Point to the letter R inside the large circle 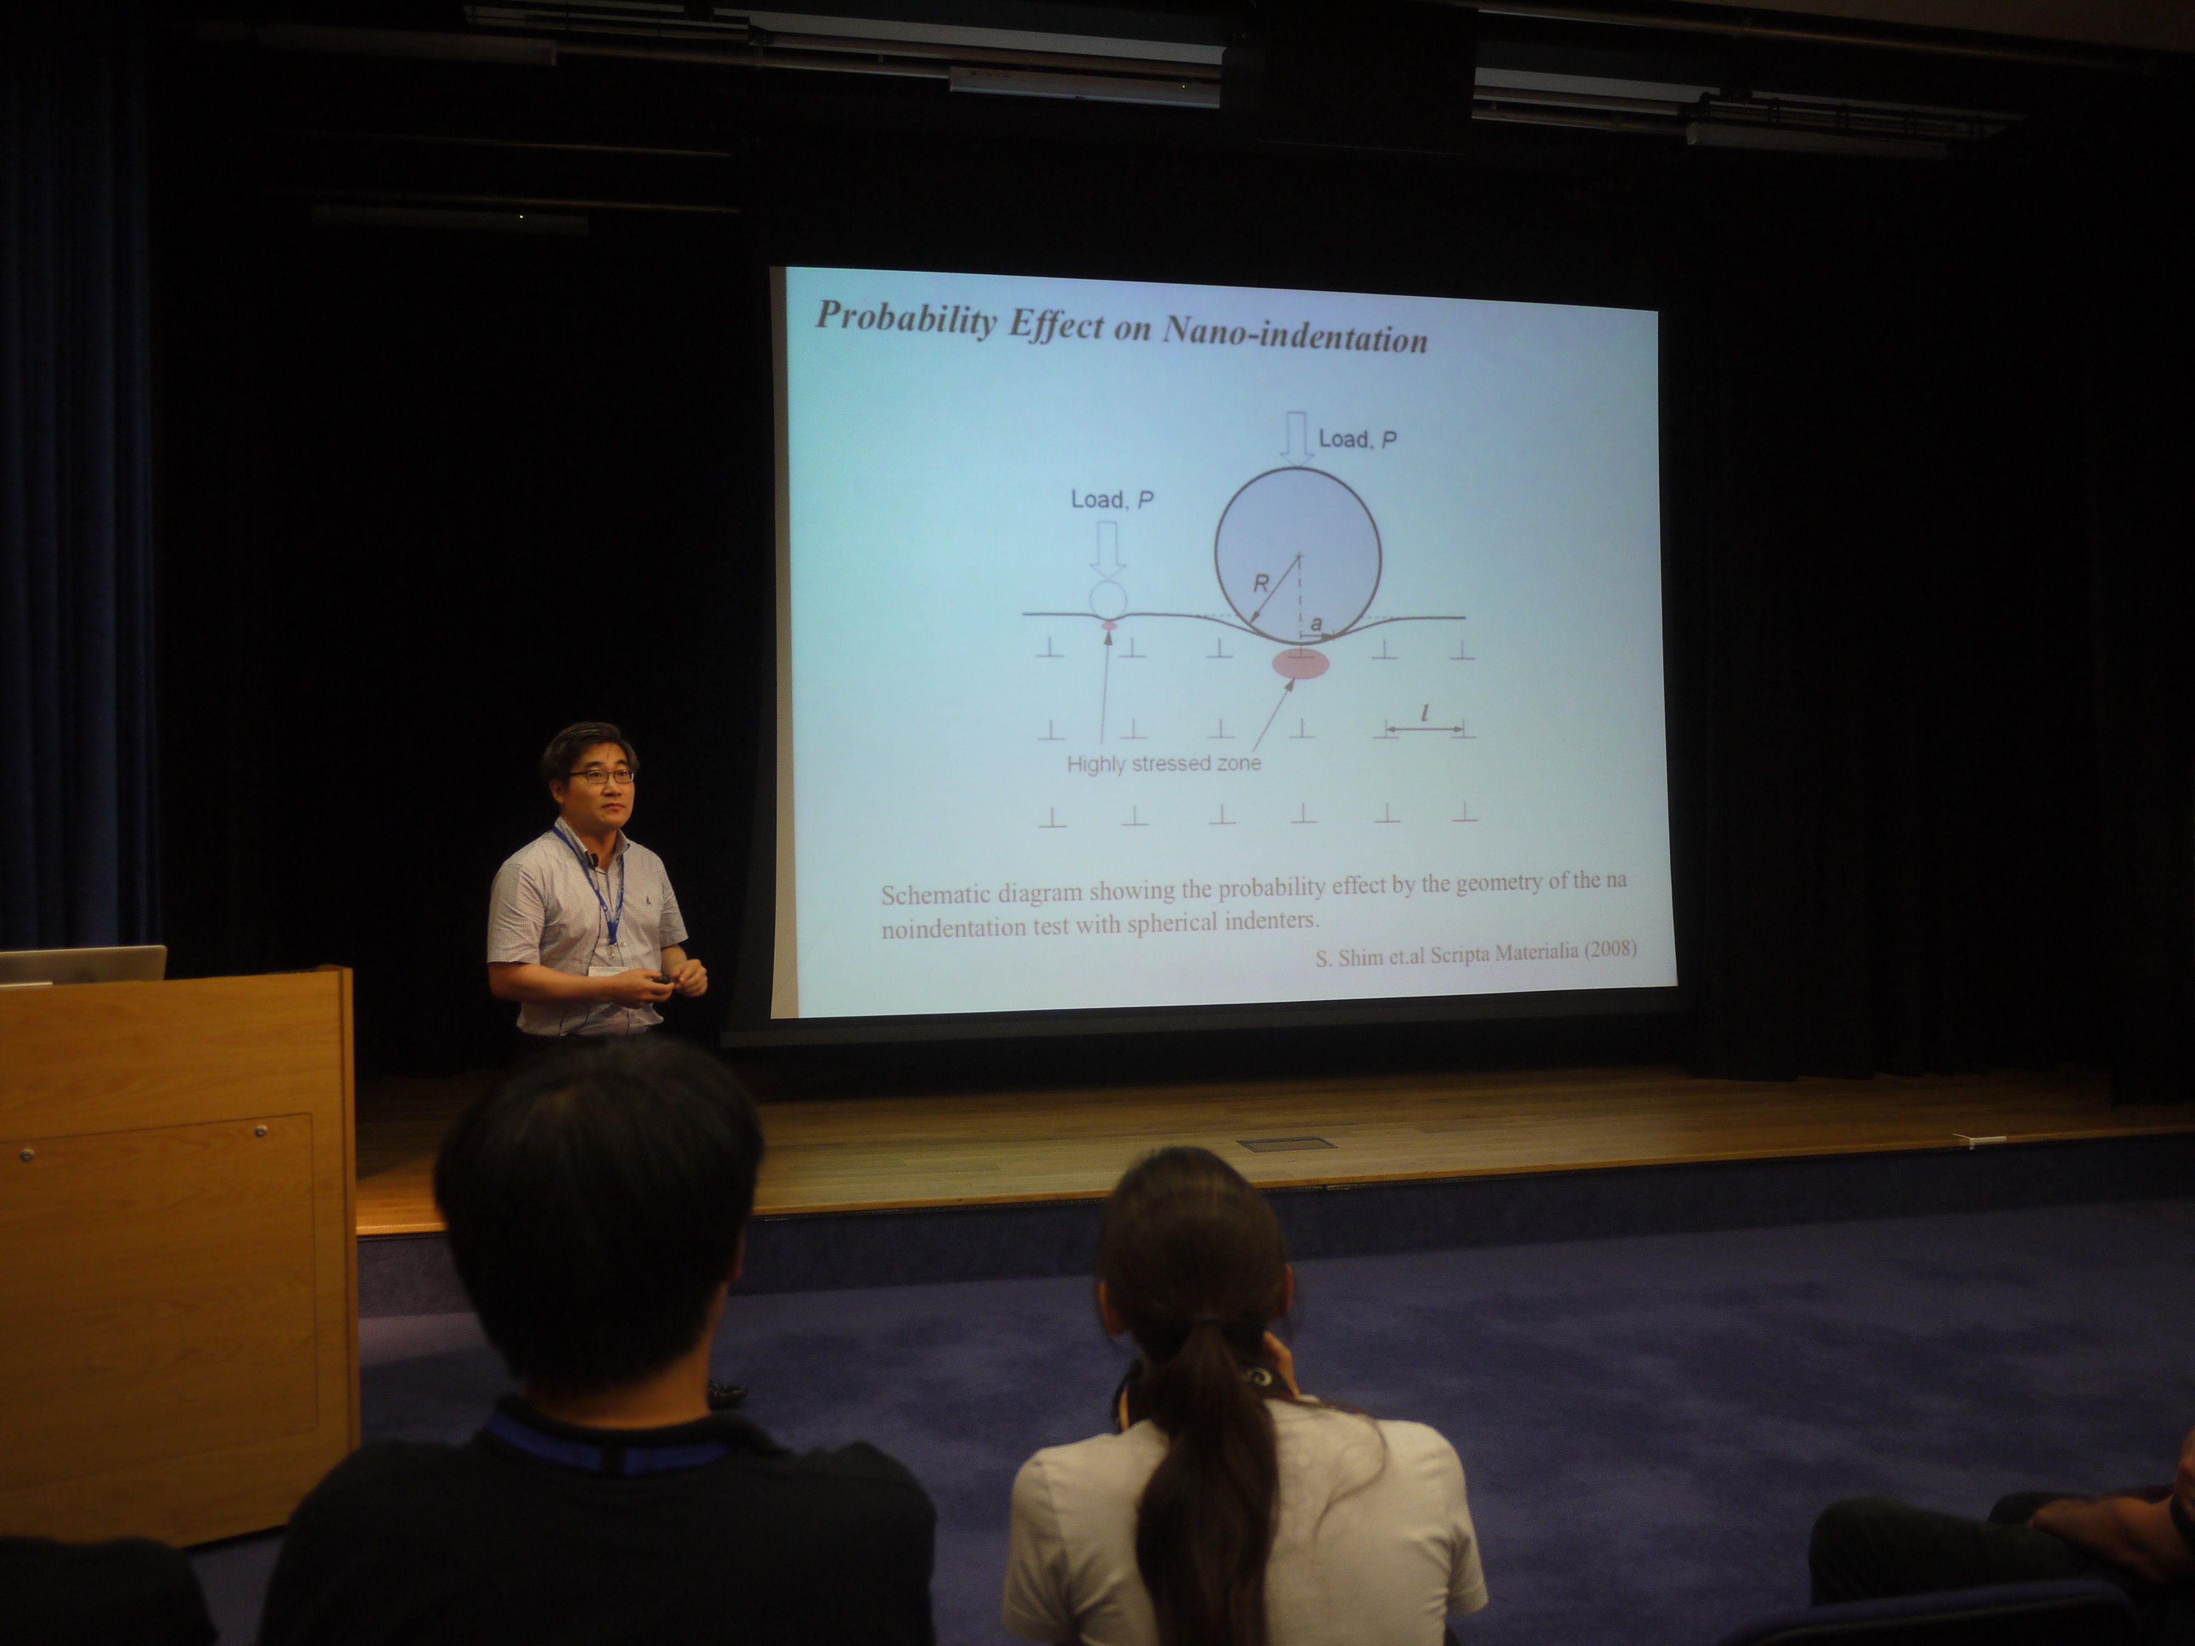1260,583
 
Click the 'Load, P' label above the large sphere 1357,438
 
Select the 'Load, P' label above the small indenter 1111,499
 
